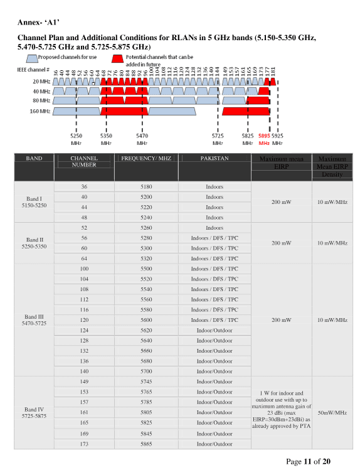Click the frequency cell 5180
tap(146, 187)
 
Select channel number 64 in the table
tap(84, 258)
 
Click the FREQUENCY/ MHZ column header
tap(146, 159)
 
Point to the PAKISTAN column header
tap(214, 159)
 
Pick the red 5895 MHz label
tap(264, 138)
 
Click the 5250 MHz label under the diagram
tap(76, 138)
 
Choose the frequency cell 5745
tap(146, 382)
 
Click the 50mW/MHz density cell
tap(332, 413)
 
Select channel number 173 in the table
tap(84, 444)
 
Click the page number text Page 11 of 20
tap(308, 462)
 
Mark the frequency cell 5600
tap(146, 320)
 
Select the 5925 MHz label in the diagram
tap(277, 138)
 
